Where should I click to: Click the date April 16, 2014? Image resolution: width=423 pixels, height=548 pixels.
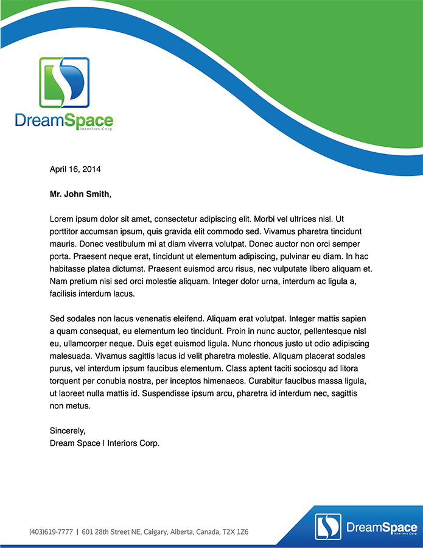(75, 169)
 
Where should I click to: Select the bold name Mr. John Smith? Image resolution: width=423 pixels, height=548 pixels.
(80, 194)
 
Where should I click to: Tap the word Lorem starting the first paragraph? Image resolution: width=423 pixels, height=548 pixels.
(61, 219)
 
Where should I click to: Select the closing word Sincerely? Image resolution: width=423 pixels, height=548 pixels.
(68, 431)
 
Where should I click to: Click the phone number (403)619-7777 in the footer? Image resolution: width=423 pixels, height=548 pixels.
(51, 532)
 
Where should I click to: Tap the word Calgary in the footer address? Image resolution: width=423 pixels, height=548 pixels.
(157, 532)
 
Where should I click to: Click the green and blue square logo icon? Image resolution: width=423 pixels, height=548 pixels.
(64, 82)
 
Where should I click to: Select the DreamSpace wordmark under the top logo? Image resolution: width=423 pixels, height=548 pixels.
(64, 121)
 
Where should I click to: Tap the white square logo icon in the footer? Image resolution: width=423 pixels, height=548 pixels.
(328, 527)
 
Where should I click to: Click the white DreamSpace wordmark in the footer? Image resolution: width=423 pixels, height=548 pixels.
(382, 527)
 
